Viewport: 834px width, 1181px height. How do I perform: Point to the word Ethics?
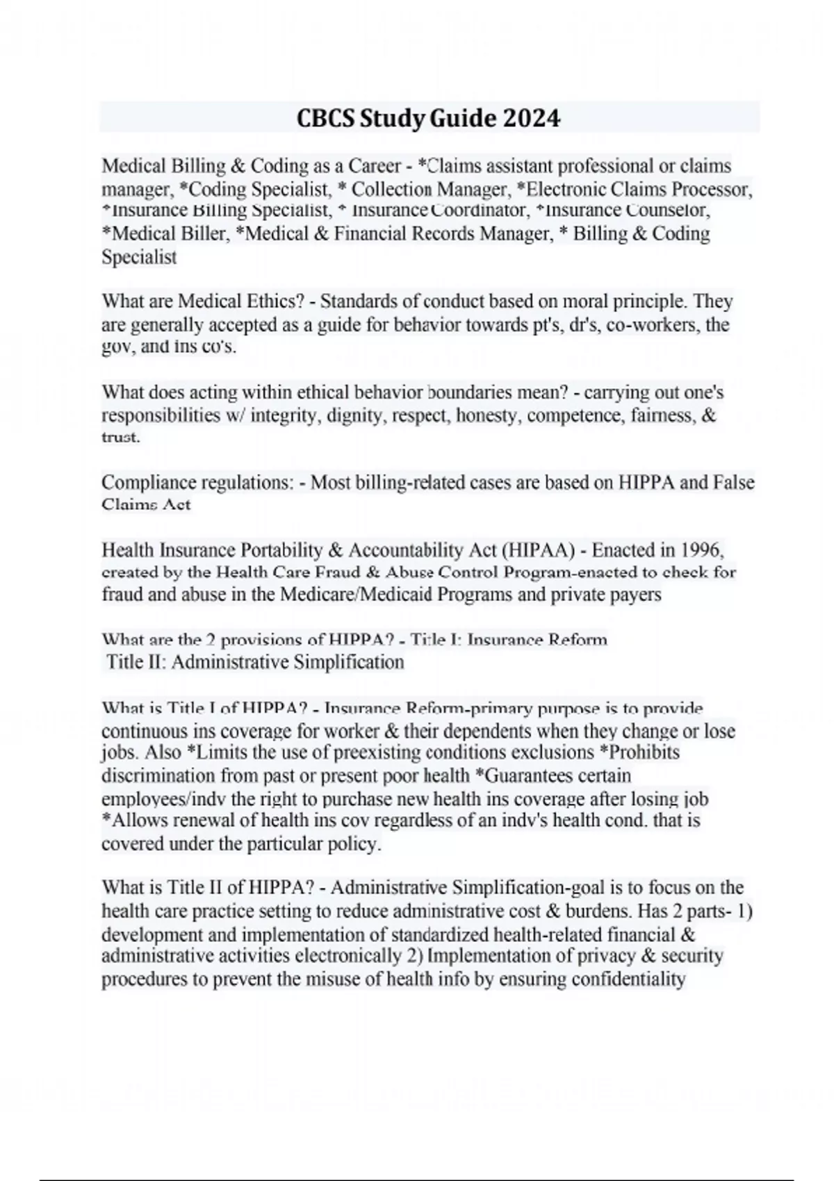coord(279,302)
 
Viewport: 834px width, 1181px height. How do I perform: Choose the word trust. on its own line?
coord(121,438)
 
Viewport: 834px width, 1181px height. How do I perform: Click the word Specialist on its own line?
coord(139,257)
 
